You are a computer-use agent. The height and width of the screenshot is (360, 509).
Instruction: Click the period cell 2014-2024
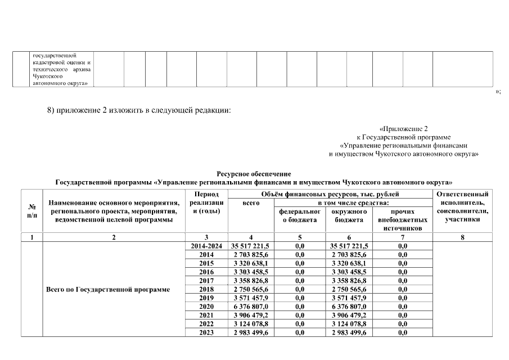pyautogui.click(x=206, y=246)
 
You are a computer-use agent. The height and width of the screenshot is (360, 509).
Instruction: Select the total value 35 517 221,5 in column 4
pyautogui.click(x=250, y=246)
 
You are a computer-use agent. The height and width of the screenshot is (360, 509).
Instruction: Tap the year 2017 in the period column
pyautogui.click(x=206, y=280)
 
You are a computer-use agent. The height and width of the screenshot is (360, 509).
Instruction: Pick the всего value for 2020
pyautogui.click(x=250, y=307)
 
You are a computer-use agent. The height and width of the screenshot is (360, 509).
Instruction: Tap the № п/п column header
pyautogui.click(x=32, y=210)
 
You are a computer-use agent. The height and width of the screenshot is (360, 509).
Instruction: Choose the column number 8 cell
pyautogui.click(x=462, y=237)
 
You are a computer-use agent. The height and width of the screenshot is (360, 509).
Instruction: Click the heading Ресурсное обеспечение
pyautogui.click(x=254, y=174)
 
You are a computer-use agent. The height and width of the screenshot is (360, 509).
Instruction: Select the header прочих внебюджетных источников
pyautogui.click(x=402, y=220)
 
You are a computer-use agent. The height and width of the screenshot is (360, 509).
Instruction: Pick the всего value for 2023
pyautogui.click(x=250, y=333)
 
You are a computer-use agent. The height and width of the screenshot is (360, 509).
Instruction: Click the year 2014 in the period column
pyautogui.click(x=206, y=254)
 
